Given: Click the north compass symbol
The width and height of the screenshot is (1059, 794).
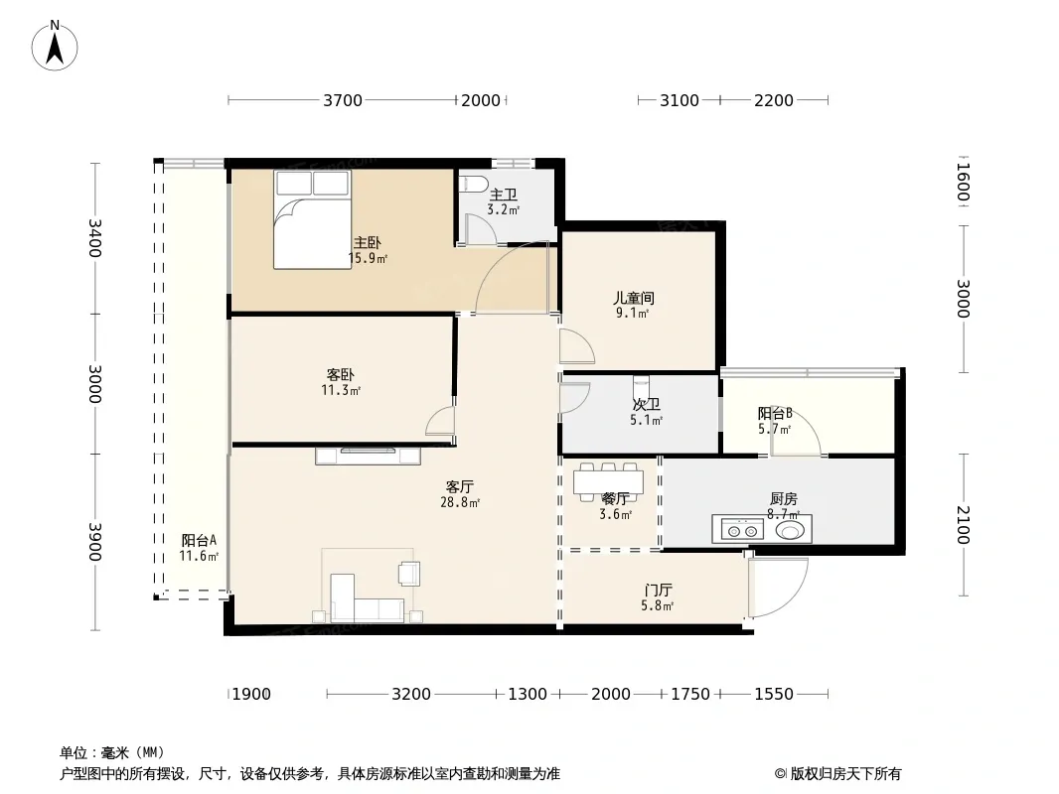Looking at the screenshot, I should (x=56, y=45).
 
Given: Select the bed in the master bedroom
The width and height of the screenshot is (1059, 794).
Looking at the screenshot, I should (x=313, y=219).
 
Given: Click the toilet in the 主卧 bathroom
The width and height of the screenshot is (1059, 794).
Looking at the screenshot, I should (x=473, y=184).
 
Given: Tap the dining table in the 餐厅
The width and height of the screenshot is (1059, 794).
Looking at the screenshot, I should (x=608, y=481).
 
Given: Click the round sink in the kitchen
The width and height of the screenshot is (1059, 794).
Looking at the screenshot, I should (x=790, y=530).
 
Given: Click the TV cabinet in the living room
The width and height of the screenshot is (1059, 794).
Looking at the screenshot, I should (x=369, y=456).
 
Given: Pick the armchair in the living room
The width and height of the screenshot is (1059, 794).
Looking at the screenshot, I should (x=408, y=573).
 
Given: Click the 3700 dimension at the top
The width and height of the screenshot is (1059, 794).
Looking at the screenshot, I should (x=343, y=100).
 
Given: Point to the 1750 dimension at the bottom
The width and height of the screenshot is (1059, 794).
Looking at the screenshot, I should (x=689, y=695).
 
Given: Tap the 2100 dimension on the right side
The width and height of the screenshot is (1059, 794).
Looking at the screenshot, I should (x=962, y=523).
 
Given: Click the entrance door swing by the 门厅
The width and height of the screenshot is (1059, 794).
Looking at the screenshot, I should (x=777, y=587).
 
